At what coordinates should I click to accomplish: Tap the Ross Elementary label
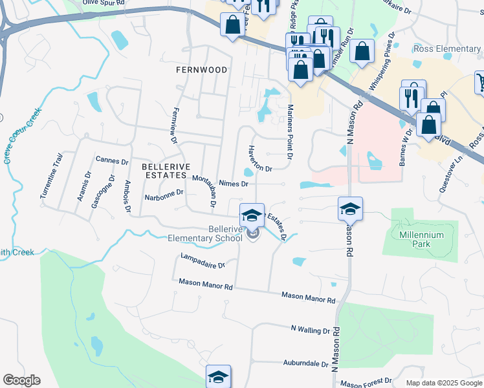(x=447, y=49)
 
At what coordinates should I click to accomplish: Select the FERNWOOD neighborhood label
(x=201, y=70)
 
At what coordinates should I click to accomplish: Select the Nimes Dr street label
(x=234, y=184)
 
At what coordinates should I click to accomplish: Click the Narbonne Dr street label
(x=164, y=192)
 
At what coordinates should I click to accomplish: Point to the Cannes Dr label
(x=112, y=160)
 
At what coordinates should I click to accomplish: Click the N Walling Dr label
(x=311, y=330)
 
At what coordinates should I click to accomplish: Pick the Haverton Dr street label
(x=260, y=158)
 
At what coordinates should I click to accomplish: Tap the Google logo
(x=21, y=380)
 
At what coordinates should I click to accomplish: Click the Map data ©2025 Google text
(x=443, y=383)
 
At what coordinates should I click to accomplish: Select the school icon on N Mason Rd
(x=349, y=209)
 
